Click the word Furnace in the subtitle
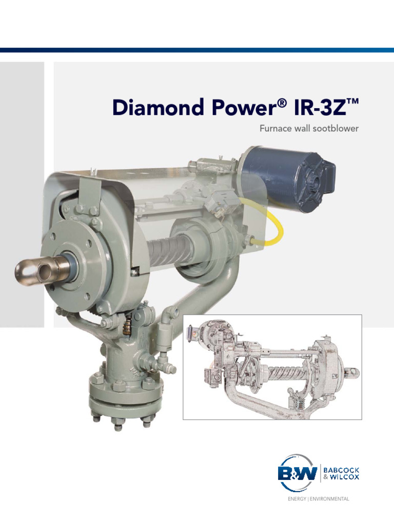pyautogui.click(x=277, y=128)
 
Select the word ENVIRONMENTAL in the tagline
pyautogui.click(x=333, y=498)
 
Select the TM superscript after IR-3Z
pyautogui.click(x=351, y=102)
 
